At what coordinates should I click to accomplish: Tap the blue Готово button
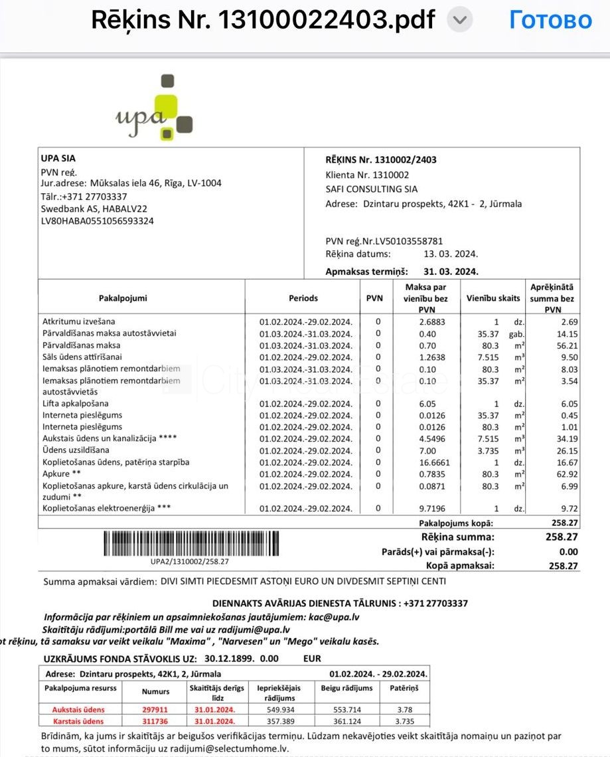550,20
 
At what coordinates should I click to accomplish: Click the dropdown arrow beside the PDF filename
459,21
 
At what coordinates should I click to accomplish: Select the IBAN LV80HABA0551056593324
98,221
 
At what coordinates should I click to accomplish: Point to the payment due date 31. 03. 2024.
451,272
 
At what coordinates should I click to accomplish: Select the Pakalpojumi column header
123,298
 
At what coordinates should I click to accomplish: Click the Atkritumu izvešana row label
79,321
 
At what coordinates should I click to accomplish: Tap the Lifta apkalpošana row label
75,404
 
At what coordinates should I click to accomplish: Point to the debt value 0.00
568,552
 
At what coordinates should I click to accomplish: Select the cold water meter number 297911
155,709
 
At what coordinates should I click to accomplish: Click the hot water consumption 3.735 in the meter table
404,721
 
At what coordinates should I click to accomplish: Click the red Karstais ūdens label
78,721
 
